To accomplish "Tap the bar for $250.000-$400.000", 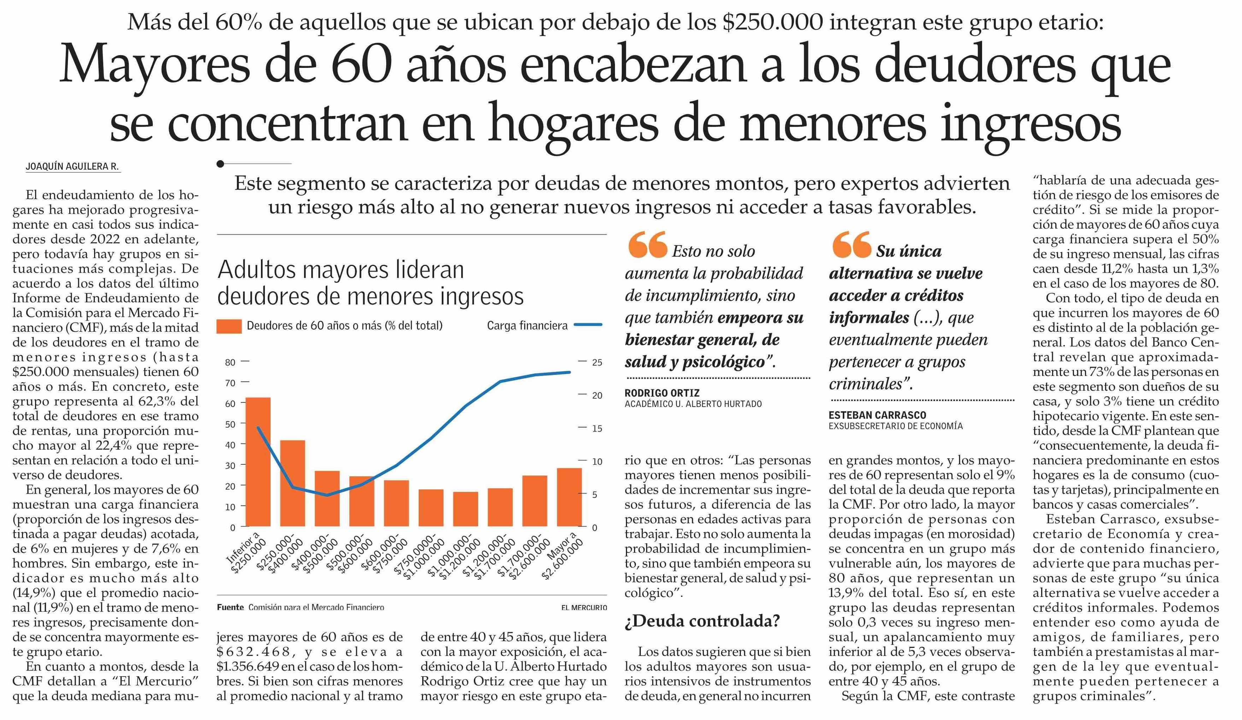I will (x=292, y=483).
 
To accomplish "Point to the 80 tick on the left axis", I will (x=230, y=362).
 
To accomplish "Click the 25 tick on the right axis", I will (x=597, y=362).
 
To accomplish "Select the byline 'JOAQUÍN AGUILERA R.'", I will (x=72, y=167).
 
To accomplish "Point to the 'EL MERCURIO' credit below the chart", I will (x=584, y=608).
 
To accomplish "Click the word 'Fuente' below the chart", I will (x=230, y=608).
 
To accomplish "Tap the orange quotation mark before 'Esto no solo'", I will (x=647, y=245).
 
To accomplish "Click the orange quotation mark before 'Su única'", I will (x=851, y=245).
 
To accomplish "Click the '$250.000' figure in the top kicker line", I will (x=772, y=23).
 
